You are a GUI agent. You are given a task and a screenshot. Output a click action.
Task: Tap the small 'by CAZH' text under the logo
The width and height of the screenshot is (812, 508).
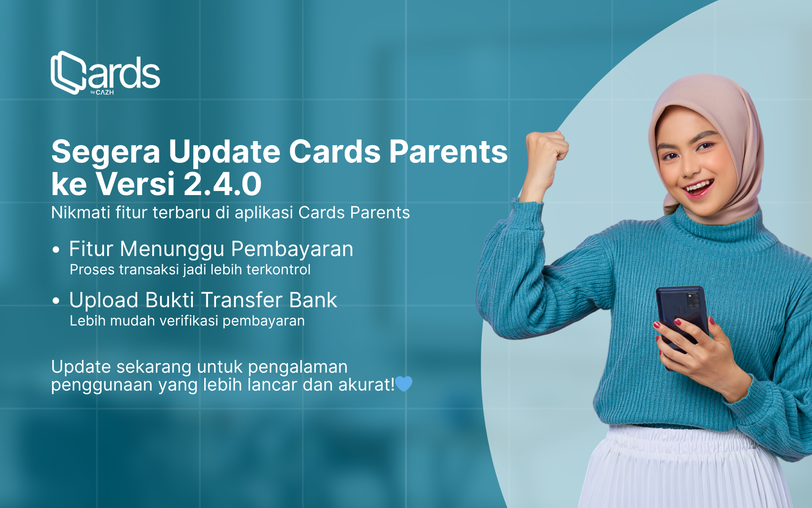coord(102,93)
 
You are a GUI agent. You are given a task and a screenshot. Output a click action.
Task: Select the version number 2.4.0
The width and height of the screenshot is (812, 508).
coord(222,184)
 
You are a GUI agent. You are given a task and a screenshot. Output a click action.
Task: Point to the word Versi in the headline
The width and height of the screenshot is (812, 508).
coord(136,184)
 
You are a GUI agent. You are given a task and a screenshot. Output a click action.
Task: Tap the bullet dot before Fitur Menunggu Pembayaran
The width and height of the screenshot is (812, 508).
coord(56,250)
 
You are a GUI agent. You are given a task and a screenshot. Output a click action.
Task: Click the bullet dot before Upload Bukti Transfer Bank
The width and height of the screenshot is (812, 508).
coord(56,301)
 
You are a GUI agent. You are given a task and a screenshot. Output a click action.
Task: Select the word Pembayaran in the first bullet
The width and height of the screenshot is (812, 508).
coord(292,250)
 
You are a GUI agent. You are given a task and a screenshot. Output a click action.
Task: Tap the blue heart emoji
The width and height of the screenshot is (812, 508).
coord(404,384)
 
